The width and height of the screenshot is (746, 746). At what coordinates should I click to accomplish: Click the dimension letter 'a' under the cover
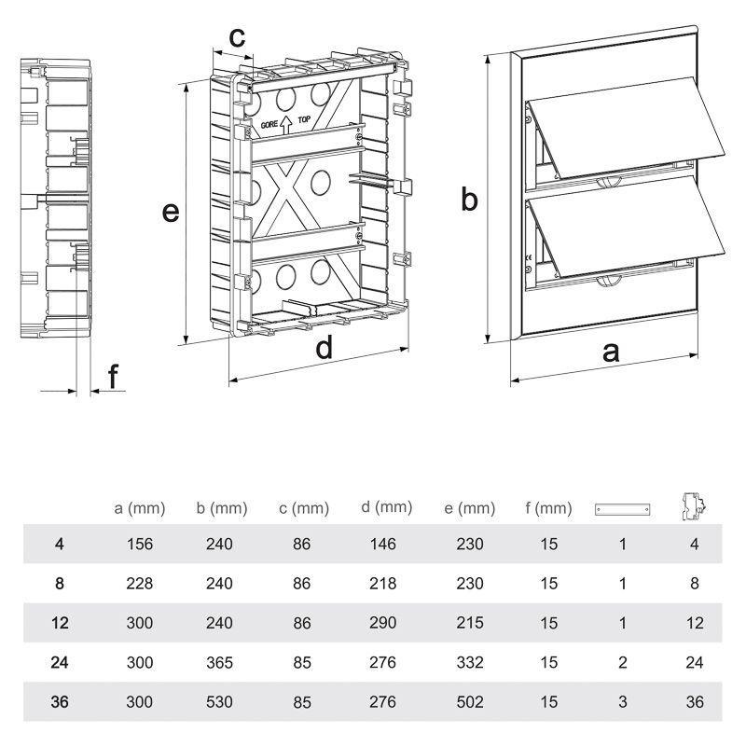pyautogui.click(x=611, y=352)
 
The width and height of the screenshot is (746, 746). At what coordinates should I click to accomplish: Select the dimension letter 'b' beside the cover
pyautogui.click(x=471, y=199)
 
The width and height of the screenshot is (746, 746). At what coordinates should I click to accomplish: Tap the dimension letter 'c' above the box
pyautogui.click(x=237, y=36)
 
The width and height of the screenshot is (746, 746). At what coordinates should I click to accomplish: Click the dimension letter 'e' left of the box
pyautogui.click(x=170, y=212)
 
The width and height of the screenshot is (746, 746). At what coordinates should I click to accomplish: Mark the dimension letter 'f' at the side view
pyautogui.click(x=113, y=377)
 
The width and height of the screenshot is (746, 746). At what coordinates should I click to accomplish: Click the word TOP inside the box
pyautogui.click(x=304, y=120)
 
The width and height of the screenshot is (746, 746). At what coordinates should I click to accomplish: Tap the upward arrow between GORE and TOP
pyautogui.click(x=285, y=121)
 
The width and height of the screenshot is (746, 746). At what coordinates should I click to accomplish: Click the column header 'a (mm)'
pyautogui.click(x=139, y=508)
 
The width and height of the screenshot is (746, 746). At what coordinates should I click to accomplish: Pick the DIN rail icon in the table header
pyautogui.click(x=622, y=509)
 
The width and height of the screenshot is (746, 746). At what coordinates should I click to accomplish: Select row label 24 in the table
pyautogui.click(x=60, y=662)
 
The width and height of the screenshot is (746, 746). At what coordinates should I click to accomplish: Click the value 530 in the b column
pyautogui.click(x=220, y=702)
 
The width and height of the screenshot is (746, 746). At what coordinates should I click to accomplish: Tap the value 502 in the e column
pyautogui.click(x=470, y=702)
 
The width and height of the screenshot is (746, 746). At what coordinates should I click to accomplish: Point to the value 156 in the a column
pyautogui.click(x=139, y=544)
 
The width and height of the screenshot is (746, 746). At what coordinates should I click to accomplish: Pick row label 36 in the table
pyautogui.click(x=60, y=702)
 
